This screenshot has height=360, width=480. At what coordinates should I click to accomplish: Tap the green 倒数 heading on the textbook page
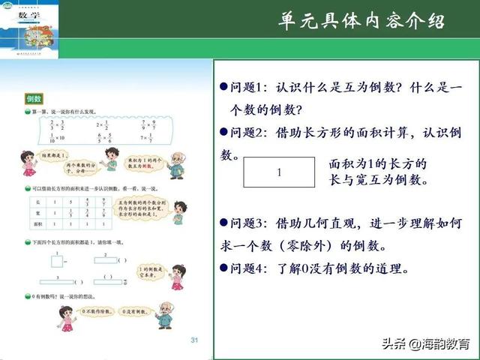(34, 98)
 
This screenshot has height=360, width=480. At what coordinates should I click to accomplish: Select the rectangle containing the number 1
(279, 172)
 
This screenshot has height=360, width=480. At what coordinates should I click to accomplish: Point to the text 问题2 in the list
(247, 133)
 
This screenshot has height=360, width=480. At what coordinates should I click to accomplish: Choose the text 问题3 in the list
(247, 223)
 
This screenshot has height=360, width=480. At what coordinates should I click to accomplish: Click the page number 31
(195, 340)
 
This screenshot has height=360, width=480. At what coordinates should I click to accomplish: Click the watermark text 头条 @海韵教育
(424, 344)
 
